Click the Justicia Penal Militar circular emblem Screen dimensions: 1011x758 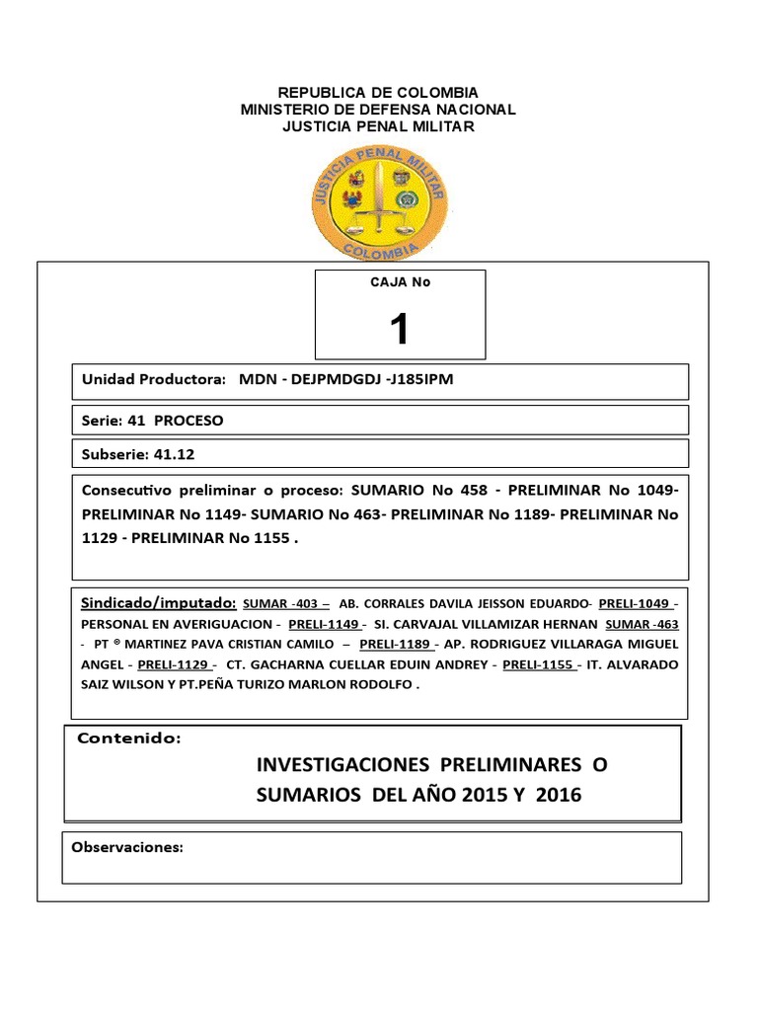tap(378, 201)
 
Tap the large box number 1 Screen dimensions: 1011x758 tap(399, 329)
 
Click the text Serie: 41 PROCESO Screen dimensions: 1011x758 tap(152, 421)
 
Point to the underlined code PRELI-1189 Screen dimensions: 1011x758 tap(395, 645)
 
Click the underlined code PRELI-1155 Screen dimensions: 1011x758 tap(539, 665)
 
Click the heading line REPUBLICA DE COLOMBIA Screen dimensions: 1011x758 tap(379, 92)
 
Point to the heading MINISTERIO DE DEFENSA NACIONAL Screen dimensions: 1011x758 tap(379, 110)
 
